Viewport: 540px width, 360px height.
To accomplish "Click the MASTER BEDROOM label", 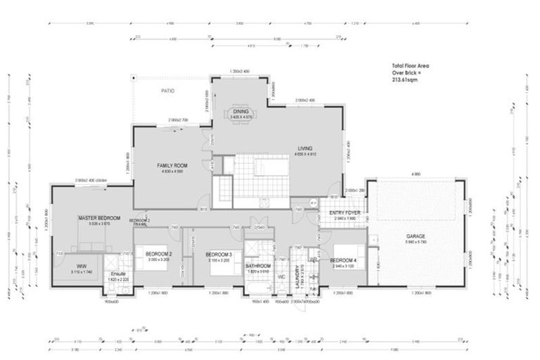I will point(99,218).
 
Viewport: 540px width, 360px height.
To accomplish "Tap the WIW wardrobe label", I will point(82,266).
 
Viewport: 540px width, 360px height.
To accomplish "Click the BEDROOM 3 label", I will point(219,254).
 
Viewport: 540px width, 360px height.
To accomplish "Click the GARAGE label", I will point(417,236).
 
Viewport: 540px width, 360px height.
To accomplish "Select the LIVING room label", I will point(304,148).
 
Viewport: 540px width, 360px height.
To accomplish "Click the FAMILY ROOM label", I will point(171,165).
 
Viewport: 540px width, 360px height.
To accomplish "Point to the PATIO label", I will point(167,91).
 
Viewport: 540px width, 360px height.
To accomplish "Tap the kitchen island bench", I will point(270,167).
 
